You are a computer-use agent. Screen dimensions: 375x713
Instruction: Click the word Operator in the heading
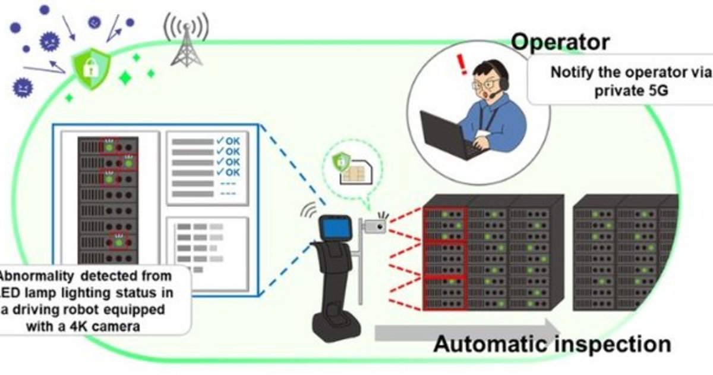(x=560, y=42)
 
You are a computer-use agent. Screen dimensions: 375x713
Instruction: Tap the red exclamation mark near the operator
(x=459, y=64)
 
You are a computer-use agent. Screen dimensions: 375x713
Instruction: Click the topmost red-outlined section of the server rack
(x=444, y=225)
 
